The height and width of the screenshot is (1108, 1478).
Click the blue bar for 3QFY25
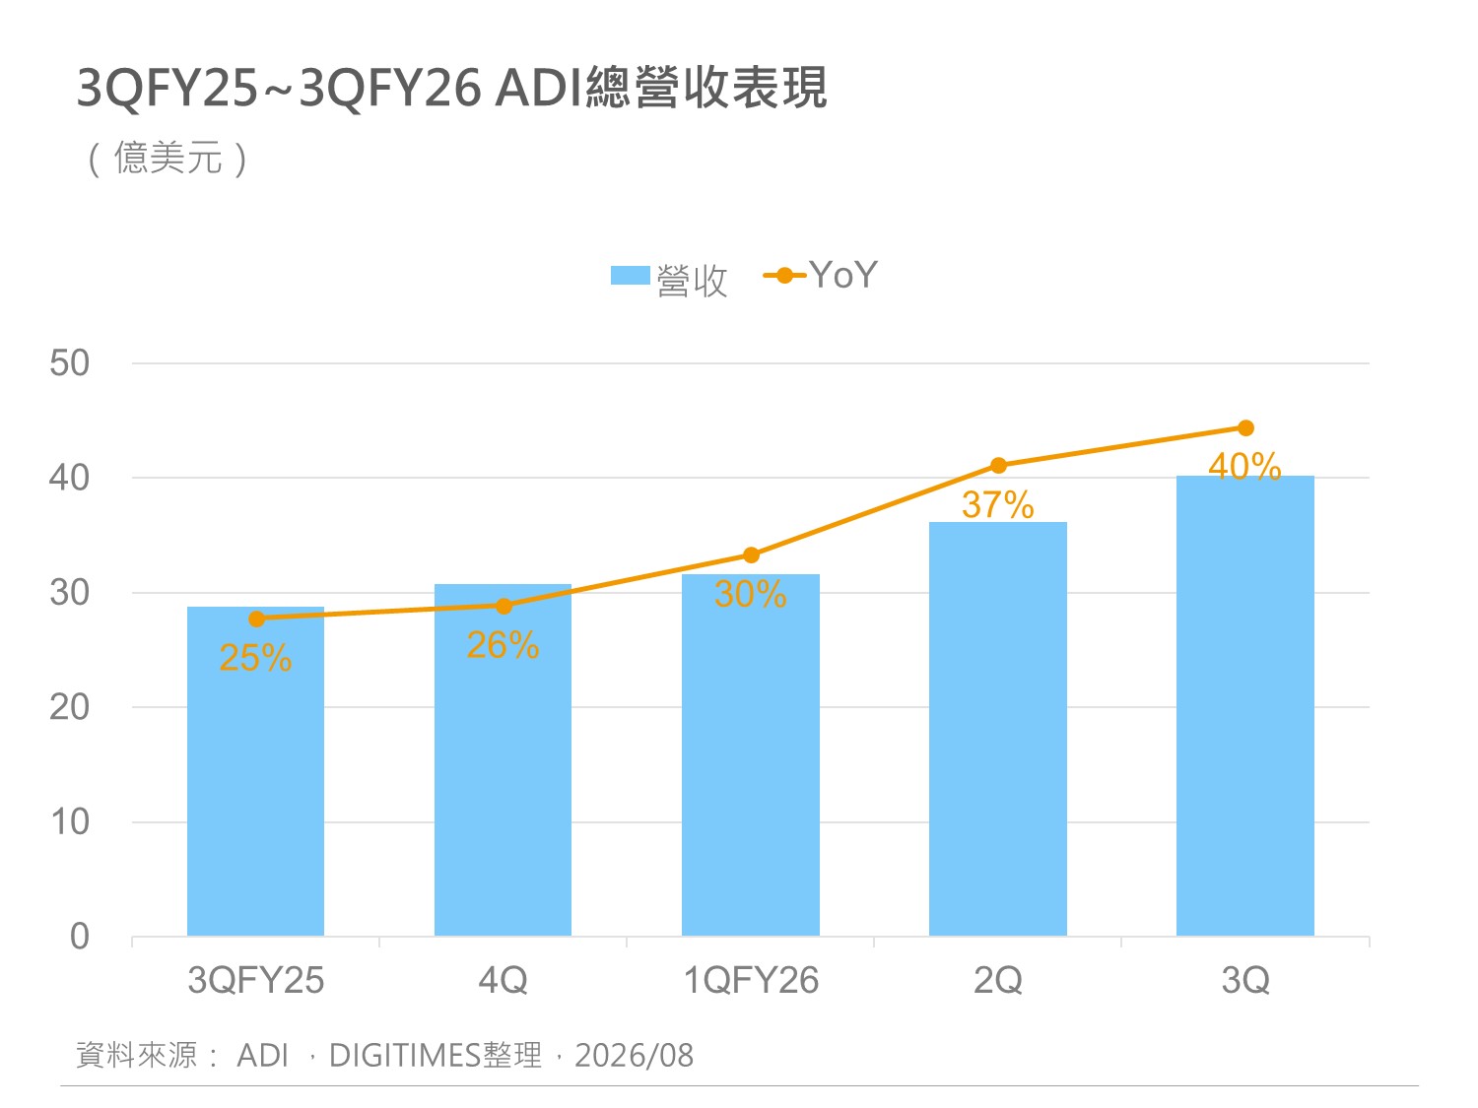(x=255, y=771)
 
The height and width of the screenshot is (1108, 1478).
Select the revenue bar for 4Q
(x=503, y=759)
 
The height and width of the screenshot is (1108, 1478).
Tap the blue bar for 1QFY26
(x=750, y=754)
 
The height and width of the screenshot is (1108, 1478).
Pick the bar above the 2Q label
(x=997, y=729)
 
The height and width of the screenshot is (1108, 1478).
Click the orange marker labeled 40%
(x=1245, y=427)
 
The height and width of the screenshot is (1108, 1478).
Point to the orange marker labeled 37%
(x=998, y=466)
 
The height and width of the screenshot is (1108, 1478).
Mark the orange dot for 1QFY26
(x=751, y=555)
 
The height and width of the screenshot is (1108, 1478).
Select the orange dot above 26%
(x=503, y=606)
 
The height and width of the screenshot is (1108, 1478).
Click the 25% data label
(x=255, y=657)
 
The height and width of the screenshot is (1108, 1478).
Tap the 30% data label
(x=750, y=594)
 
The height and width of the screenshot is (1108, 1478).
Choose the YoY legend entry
(x=821, y=275)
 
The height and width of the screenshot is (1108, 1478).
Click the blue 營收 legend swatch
(x=630, y=275)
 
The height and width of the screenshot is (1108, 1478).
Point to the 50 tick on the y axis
(x=69, y=363)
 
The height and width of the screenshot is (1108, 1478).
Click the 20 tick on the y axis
(x=69, y=708)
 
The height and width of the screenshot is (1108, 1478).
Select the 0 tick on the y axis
(x=80, y=937)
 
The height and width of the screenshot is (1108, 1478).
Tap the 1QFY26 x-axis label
(x=751, y=980)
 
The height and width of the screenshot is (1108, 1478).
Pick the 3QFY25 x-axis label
(x=256, y=980)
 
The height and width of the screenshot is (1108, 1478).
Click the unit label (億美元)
(x=168, y=159)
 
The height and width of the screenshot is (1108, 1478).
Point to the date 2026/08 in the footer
(x=634, y=1055)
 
